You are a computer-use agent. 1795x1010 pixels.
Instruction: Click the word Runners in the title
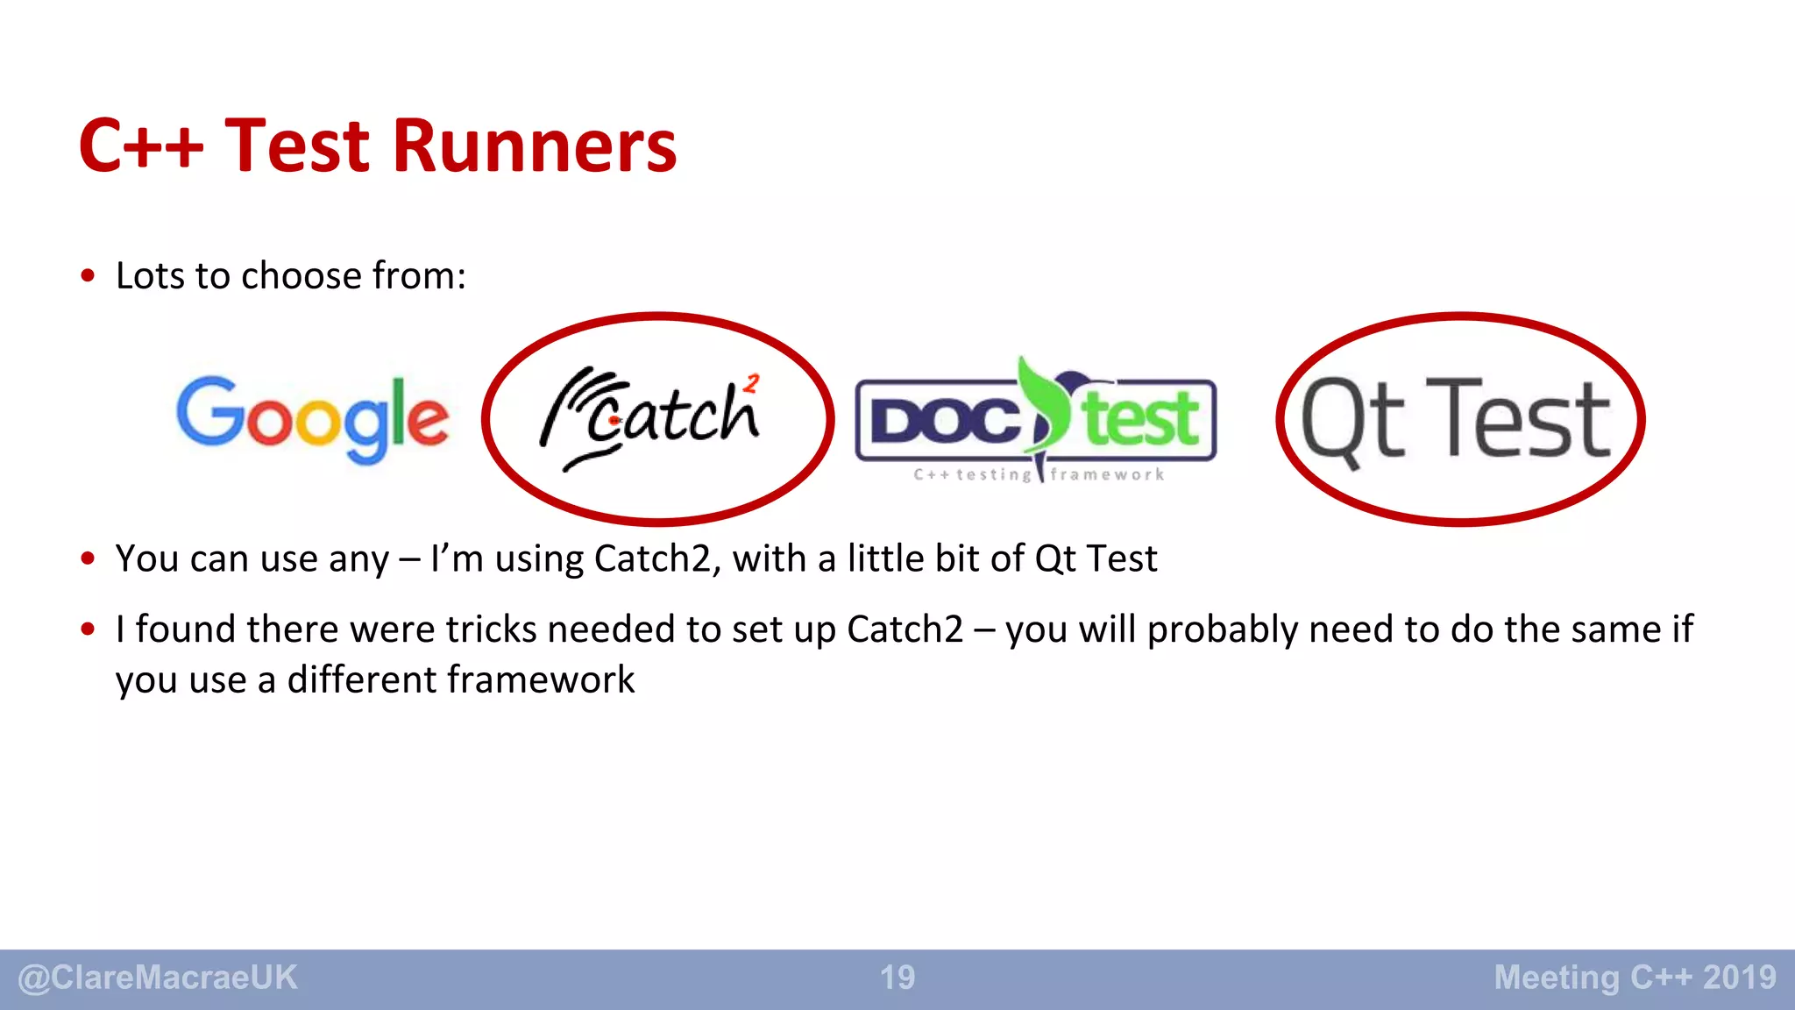click(x=534, y=146)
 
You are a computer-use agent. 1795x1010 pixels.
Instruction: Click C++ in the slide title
click(x=140, y=146)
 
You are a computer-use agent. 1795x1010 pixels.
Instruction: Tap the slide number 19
click(x=897, y=978)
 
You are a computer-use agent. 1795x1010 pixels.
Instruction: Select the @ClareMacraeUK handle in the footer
click(x=158, y=978)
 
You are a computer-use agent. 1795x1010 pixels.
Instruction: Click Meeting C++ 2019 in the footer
click(x=1635, y=978)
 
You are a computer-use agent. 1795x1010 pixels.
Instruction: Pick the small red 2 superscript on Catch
click(x=751, y=383)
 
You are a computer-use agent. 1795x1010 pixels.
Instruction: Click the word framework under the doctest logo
click(x=1107, y=474)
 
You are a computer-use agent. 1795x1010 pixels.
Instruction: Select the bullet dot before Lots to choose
click(x=88, y=276)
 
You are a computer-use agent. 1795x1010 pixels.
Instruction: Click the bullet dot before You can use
click(x=88, y=558)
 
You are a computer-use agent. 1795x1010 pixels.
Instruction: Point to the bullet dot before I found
click(x=88, y=629)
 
